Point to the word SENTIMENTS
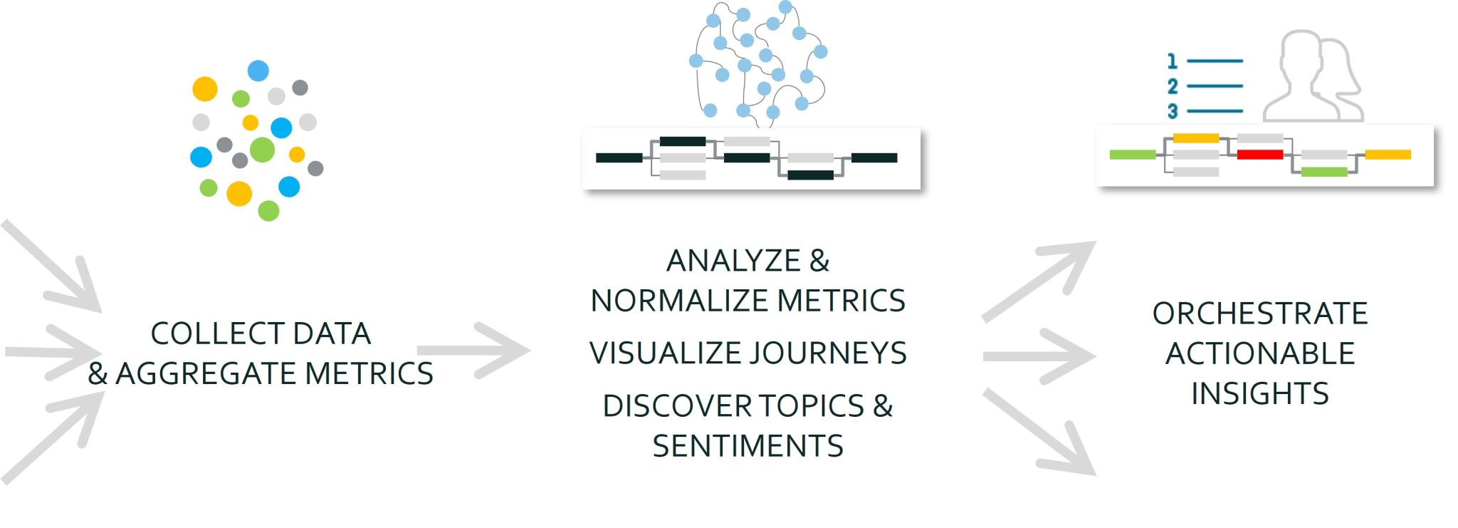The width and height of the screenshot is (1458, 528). tap(748, 446)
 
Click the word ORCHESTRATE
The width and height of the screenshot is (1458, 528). tap(1259, 314)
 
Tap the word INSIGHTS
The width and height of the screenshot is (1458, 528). tap(1259, 393)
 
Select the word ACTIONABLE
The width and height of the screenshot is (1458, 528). tap(1259, 353)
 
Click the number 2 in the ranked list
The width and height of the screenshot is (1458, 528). tap(1173, 86)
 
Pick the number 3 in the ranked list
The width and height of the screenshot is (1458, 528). tap(1173, 111)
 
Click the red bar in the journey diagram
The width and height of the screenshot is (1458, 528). tap(1259, 155)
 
